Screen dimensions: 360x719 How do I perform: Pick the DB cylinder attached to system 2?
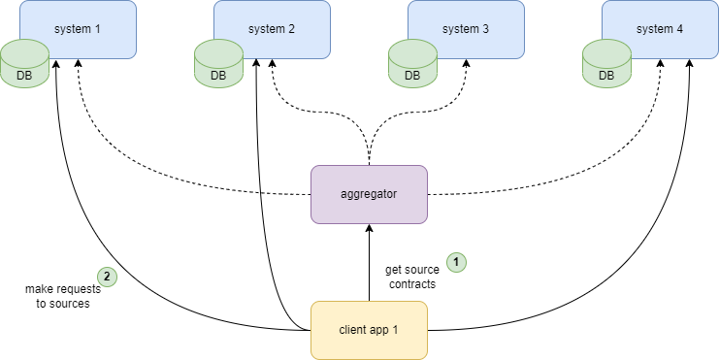tap(218, 63)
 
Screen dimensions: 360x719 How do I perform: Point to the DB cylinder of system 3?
tap(412, 63)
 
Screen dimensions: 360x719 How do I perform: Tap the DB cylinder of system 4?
tap(606, 63)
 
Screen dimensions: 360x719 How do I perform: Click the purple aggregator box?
tap(369, 194)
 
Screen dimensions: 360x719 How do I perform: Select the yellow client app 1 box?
tap(369, 330)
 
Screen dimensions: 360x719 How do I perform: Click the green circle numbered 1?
tap(456, 262)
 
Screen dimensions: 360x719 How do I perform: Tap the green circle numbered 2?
tap(107, 277)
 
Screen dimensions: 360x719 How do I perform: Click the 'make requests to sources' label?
tap(58, 296)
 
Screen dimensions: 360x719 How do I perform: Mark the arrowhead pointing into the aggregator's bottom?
tap(369, 229)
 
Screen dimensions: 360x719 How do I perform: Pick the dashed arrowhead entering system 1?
tap(78, 60)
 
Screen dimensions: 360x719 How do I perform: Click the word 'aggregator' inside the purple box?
tap(369, 194)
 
